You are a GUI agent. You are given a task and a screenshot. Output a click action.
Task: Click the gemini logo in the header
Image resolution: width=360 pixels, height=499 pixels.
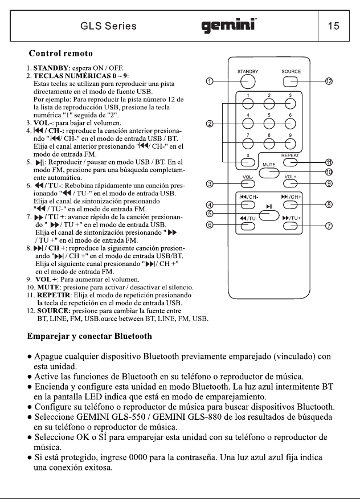[x=229, y=26]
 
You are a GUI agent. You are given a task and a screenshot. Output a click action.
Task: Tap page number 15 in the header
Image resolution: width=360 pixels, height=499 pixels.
[x=334, y=26]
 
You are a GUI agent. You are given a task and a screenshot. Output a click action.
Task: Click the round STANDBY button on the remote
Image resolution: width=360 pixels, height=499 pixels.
[x=248, y=82]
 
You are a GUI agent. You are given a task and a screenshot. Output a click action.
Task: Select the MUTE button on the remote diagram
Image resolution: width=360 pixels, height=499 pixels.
[x=269, y=173]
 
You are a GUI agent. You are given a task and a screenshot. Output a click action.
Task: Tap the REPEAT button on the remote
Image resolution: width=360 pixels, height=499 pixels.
[x=291, y=162]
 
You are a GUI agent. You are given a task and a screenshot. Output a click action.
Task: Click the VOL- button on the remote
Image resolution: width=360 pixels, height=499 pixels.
[x=248, y=184]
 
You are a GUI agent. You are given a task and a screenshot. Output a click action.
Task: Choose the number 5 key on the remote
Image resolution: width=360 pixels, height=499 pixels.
[x=269, y=124]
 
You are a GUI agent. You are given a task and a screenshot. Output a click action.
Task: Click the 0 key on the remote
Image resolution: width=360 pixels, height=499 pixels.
[x=248, y=162]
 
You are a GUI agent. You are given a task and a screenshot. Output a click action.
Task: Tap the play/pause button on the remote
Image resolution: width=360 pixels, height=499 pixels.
[x=269, y=215]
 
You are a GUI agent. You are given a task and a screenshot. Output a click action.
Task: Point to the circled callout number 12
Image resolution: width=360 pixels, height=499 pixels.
[x=329, y=81]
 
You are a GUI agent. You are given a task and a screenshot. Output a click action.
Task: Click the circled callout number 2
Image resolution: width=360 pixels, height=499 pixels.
[x=210, y=124]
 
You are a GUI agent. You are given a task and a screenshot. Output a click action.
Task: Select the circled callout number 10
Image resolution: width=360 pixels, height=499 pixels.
[x=329, y=172]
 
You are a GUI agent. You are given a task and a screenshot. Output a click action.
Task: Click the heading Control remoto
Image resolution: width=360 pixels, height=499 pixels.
[x=61, y=53]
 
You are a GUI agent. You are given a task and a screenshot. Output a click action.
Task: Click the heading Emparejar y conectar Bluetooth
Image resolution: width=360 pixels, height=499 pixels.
[x=89, y=337]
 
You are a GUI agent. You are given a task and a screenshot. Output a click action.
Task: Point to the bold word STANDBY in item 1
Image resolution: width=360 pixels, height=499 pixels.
[x=51, y=68]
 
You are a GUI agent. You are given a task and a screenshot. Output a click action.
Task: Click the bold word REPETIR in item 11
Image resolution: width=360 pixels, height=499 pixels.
[x=53, y=295]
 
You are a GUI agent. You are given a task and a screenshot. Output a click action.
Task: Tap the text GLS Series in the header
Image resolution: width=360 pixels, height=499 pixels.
[x=109, y=26]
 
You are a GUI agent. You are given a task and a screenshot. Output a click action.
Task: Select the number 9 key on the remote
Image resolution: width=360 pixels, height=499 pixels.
[x=291, y=144]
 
